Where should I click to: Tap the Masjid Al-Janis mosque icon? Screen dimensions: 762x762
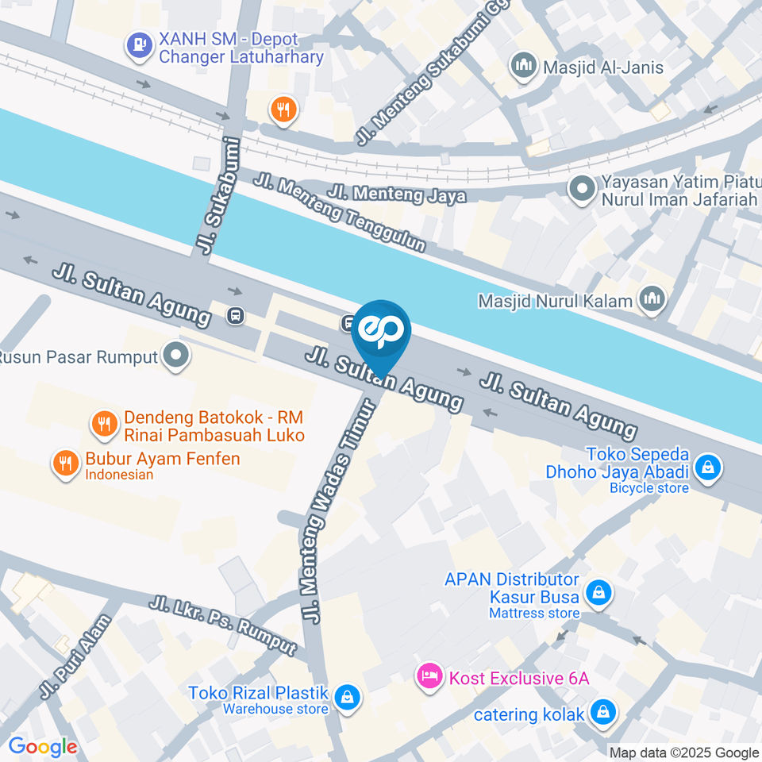click(524, 67)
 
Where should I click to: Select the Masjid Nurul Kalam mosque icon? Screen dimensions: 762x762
click(653, 300)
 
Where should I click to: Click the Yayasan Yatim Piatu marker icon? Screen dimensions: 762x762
click(582, 190)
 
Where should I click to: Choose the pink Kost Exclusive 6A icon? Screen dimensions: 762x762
click(429, 678)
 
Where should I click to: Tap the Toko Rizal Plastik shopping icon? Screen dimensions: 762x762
click(346, 698)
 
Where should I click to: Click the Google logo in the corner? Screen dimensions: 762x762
click(42, 746)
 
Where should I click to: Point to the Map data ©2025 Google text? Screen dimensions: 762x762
click(683, 752)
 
